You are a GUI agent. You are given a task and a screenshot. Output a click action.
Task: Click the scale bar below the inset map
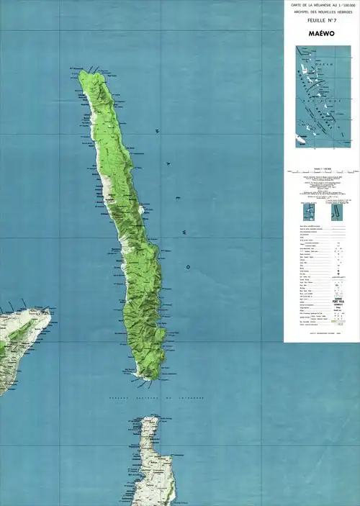tap(321, 171)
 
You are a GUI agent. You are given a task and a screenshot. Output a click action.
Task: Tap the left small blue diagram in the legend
tap(309, 211)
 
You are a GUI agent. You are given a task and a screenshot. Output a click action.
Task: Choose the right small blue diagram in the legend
tap(336, 211)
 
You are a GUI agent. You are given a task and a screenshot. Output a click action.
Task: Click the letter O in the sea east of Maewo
tap(188, 267)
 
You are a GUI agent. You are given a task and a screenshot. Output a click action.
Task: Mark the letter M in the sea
tap(157, 132)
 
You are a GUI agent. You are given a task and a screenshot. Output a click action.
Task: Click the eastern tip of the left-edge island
tap(51, 311)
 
